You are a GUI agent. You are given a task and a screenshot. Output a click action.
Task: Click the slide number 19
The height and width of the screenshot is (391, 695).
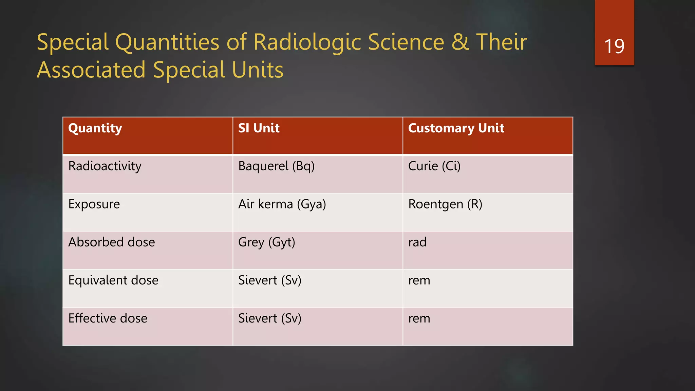614,46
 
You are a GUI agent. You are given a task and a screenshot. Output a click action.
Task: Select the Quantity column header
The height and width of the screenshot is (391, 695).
95,128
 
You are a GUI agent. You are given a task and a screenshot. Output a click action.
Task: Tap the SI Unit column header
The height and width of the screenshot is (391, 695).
259,128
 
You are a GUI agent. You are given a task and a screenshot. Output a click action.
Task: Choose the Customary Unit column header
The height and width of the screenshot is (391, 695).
456,128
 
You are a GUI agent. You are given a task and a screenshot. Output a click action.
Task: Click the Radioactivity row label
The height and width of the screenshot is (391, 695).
105,166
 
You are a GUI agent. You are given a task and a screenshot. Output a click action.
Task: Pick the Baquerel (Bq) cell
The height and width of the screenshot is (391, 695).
276,166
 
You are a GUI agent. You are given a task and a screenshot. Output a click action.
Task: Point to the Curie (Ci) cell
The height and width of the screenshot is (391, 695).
434,166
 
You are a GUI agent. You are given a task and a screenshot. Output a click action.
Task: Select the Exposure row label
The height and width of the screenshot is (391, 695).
94,204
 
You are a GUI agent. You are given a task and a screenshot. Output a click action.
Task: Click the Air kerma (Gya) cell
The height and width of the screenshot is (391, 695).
282,204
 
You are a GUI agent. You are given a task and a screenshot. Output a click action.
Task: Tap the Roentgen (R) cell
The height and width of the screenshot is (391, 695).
445,204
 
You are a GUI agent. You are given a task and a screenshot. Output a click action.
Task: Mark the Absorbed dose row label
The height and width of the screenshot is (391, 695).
111,242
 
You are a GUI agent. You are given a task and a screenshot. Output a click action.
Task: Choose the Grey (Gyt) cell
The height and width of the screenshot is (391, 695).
266,242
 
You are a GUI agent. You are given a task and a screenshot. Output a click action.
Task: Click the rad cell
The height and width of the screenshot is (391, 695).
417,242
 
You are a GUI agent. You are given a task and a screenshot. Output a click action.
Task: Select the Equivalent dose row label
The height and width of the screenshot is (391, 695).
113,280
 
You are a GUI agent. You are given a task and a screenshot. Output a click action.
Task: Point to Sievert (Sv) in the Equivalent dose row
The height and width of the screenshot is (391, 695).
269,280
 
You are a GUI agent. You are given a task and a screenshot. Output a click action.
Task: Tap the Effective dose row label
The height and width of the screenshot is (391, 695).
108,318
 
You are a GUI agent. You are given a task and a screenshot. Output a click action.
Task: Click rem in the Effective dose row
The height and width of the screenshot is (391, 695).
419,318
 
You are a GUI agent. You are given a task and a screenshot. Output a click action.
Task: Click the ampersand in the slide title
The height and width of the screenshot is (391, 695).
460,42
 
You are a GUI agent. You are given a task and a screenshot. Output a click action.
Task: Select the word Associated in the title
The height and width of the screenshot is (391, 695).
91,70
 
